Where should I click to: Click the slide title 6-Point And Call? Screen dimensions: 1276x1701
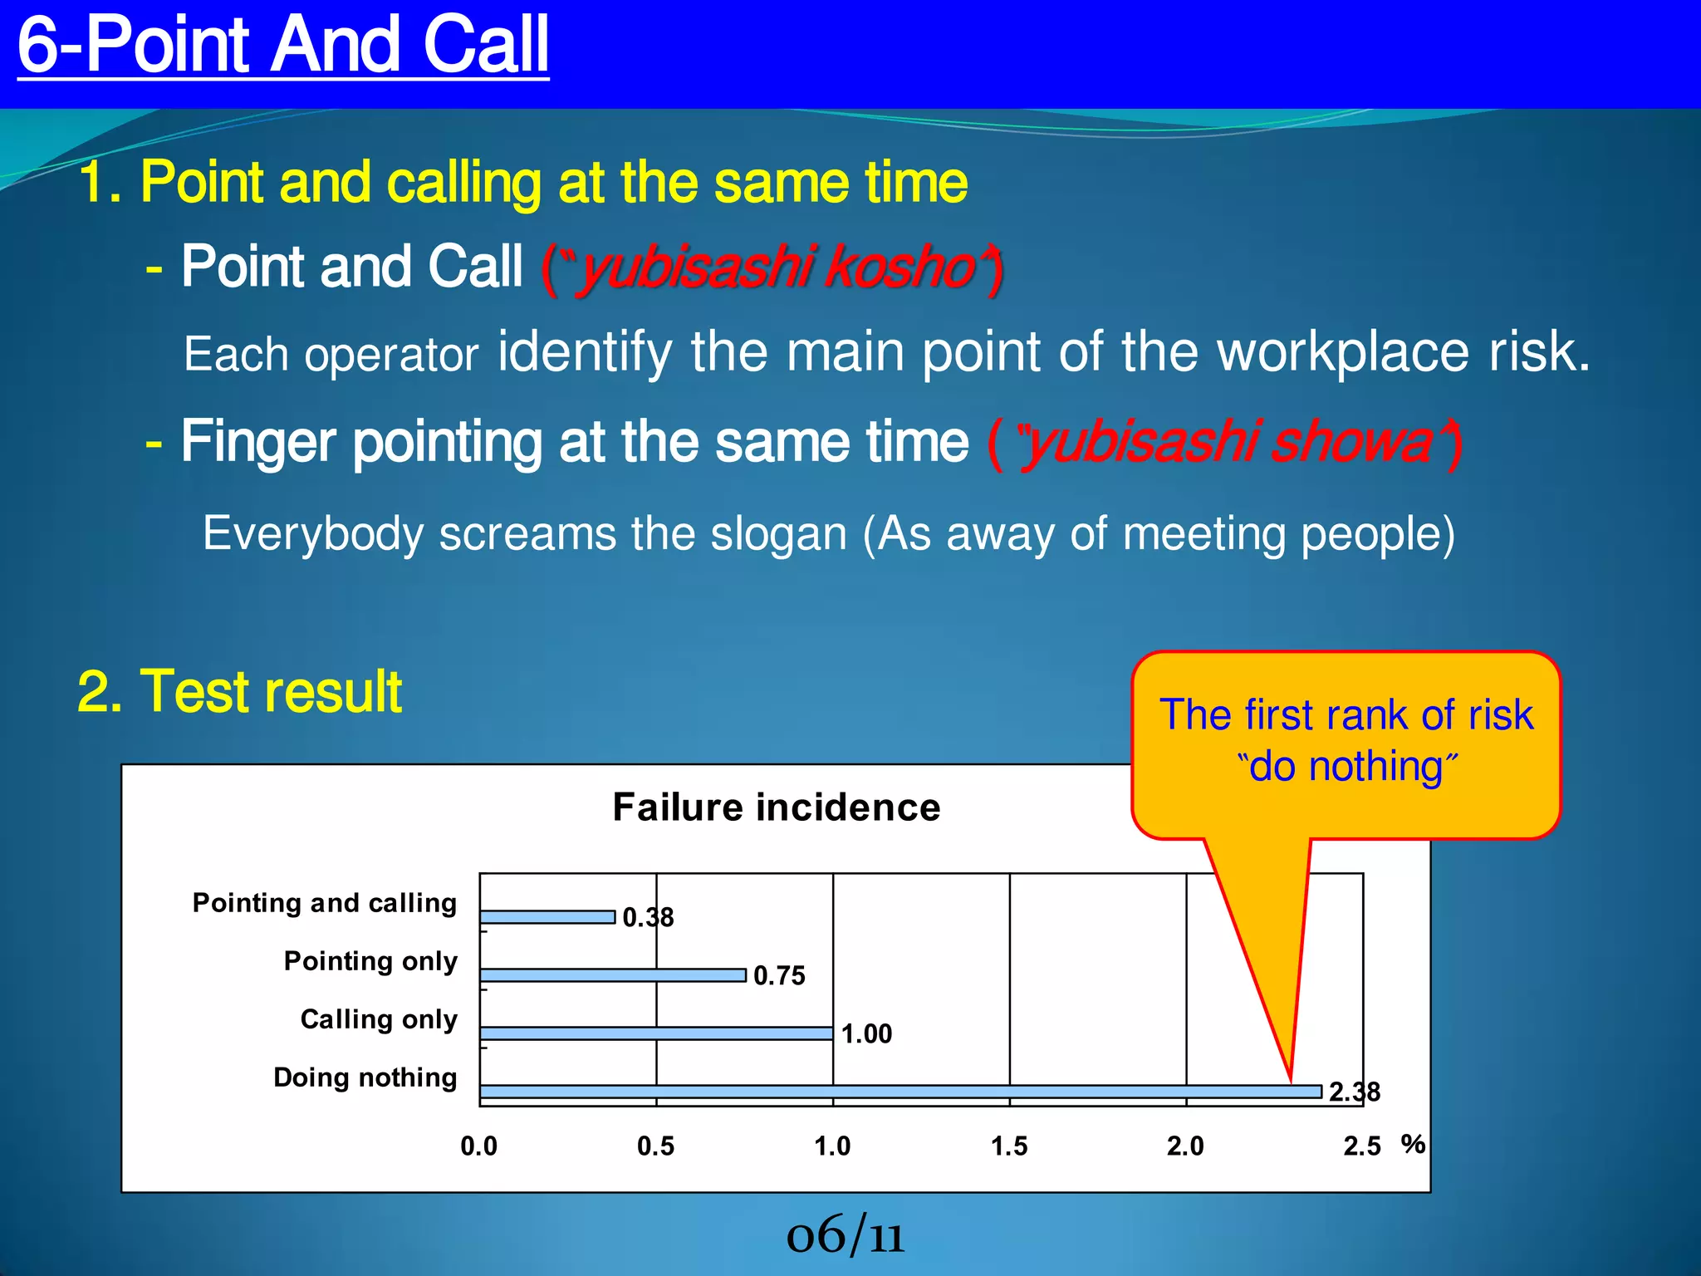tap(282, 45)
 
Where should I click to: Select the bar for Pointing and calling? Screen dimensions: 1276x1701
tap(547, 917)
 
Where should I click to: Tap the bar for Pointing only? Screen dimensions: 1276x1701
tap(613, 975)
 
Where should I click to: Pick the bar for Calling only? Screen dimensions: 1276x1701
tap(656, 1033)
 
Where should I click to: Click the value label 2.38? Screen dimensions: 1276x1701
tap(1354, 1092)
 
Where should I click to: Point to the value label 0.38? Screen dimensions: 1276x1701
tap(648, 917)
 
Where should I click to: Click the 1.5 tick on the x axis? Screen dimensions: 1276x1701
tap(1009, 1146)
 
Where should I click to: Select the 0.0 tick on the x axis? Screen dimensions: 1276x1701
tap(479, 1146)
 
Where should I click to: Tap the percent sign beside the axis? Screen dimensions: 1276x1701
tap(1413, 1144)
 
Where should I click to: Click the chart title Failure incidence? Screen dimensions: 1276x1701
tap(777, 807)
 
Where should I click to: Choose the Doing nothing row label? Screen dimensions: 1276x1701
tap(365, 1077)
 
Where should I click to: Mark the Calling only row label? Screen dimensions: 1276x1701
tap(379, 1019)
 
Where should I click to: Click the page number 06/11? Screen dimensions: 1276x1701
tap(845, 1234)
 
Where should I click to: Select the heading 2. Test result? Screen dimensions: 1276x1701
tap(239, 691)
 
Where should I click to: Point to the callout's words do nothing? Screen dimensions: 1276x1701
tap(1346, 766)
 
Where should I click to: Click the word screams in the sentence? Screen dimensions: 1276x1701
tap(527, 533)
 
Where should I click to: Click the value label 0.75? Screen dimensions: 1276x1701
tap(779, 975)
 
